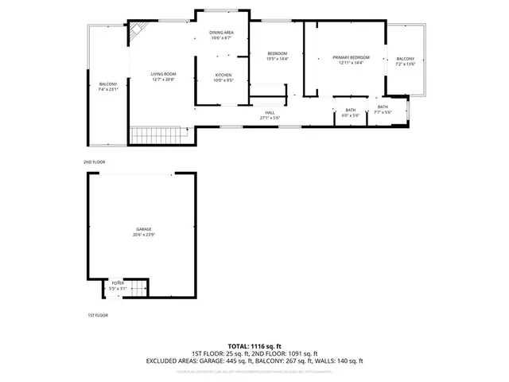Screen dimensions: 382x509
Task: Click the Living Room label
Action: pos(163,73)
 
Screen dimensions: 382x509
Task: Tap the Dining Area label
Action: pos(221,32)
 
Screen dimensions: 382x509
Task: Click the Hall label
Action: pos(270,113)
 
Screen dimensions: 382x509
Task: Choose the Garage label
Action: pos(142,229)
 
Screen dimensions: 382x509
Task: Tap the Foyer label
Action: pos(118,283)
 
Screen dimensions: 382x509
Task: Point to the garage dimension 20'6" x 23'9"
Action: pos(143,235)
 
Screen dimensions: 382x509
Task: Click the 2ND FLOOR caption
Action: pos(94,162)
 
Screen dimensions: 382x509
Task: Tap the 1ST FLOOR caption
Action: pos(97,315)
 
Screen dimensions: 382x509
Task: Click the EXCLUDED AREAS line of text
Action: pos(254,361)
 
